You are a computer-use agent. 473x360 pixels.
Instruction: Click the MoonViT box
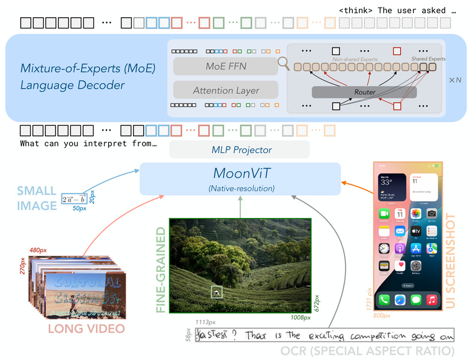coord(240,179)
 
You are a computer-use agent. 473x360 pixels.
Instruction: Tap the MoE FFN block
coord(225,66)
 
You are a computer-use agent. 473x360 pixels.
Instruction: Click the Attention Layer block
coord(225,90)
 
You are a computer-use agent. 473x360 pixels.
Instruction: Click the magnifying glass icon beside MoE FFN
coord(284,63)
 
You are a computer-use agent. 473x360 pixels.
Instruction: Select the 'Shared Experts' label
coord(429,59)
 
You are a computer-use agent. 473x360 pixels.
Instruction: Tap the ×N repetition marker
coord(454,79)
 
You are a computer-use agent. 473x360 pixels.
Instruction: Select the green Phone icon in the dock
coord(385,300)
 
